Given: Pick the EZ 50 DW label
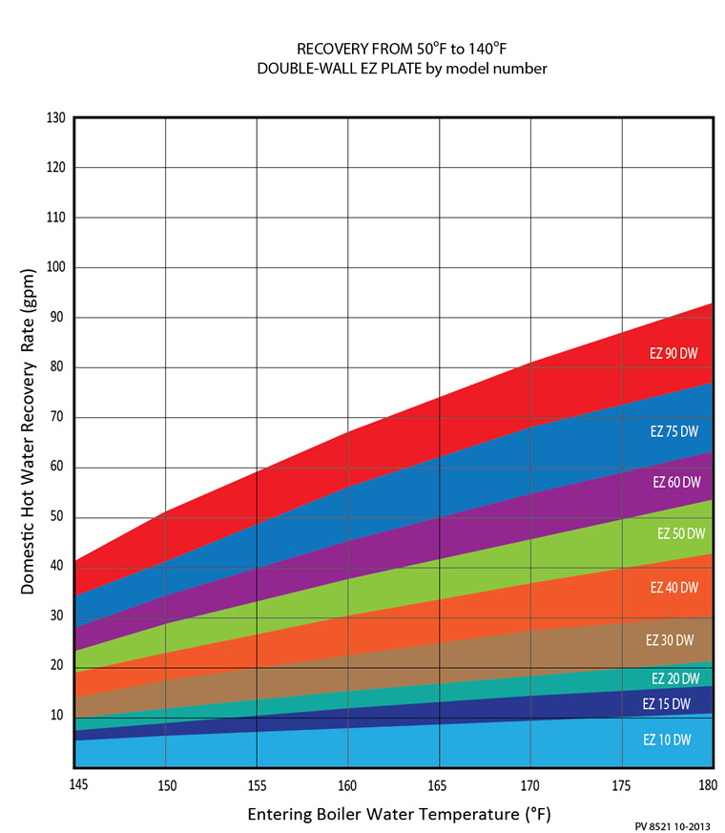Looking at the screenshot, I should coord(681,533).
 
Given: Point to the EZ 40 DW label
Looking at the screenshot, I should coord(674,587).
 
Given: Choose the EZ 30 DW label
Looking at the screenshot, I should coord(672,639).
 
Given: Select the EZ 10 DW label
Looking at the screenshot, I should coord(667,739).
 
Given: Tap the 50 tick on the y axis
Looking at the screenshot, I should coord(57,517).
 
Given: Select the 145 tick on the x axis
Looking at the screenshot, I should coord(75,784).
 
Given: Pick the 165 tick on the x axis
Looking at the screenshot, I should coord(440,784).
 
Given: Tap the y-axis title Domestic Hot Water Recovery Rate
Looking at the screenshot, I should coord(29,431).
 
